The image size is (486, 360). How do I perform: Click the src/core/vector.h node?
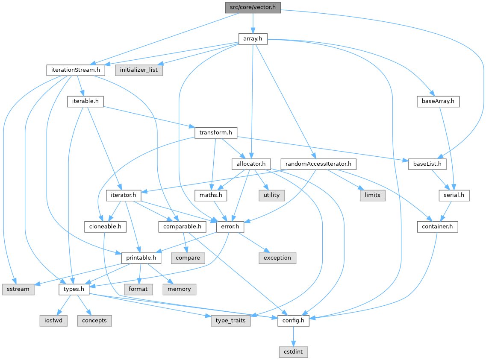253,7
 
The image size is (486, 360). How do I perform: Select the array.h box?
253,39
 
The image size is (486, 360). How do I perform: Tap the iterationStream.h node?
76,70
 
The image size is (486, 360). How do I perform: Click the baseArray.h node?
438,101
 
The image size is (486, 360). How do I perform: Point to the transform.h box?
216,132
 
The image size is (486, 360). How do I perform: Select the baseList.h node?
427,164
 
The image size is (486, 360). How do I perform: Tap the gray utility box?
271,195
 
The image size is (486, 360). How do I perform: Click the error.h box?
230,226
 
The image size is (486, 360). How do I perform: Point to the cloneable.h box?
105,226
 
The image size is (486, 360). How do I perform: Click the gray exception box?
277,258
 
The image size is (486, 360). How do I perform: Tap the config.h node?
293,320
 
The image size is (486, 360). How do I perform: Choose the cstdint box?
293,352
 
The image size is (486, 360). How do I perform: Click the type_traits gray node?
230,320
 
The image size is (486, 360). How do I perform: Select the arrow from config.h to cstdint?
293,336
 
